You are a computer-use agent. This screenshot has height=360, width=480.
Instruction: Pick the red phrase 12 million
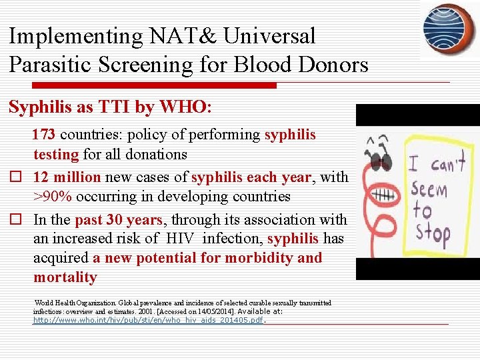click(x=67, y=177)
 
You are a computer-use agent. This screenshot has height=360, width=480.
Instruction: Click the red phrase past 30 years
click(x=118, y=219)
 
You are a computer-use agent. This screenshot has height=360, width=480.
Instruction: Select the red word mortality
click(x=65, y=277)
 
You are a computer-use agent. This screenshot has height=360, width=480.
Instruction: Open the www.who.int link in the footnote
click(x=149, y=320)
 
